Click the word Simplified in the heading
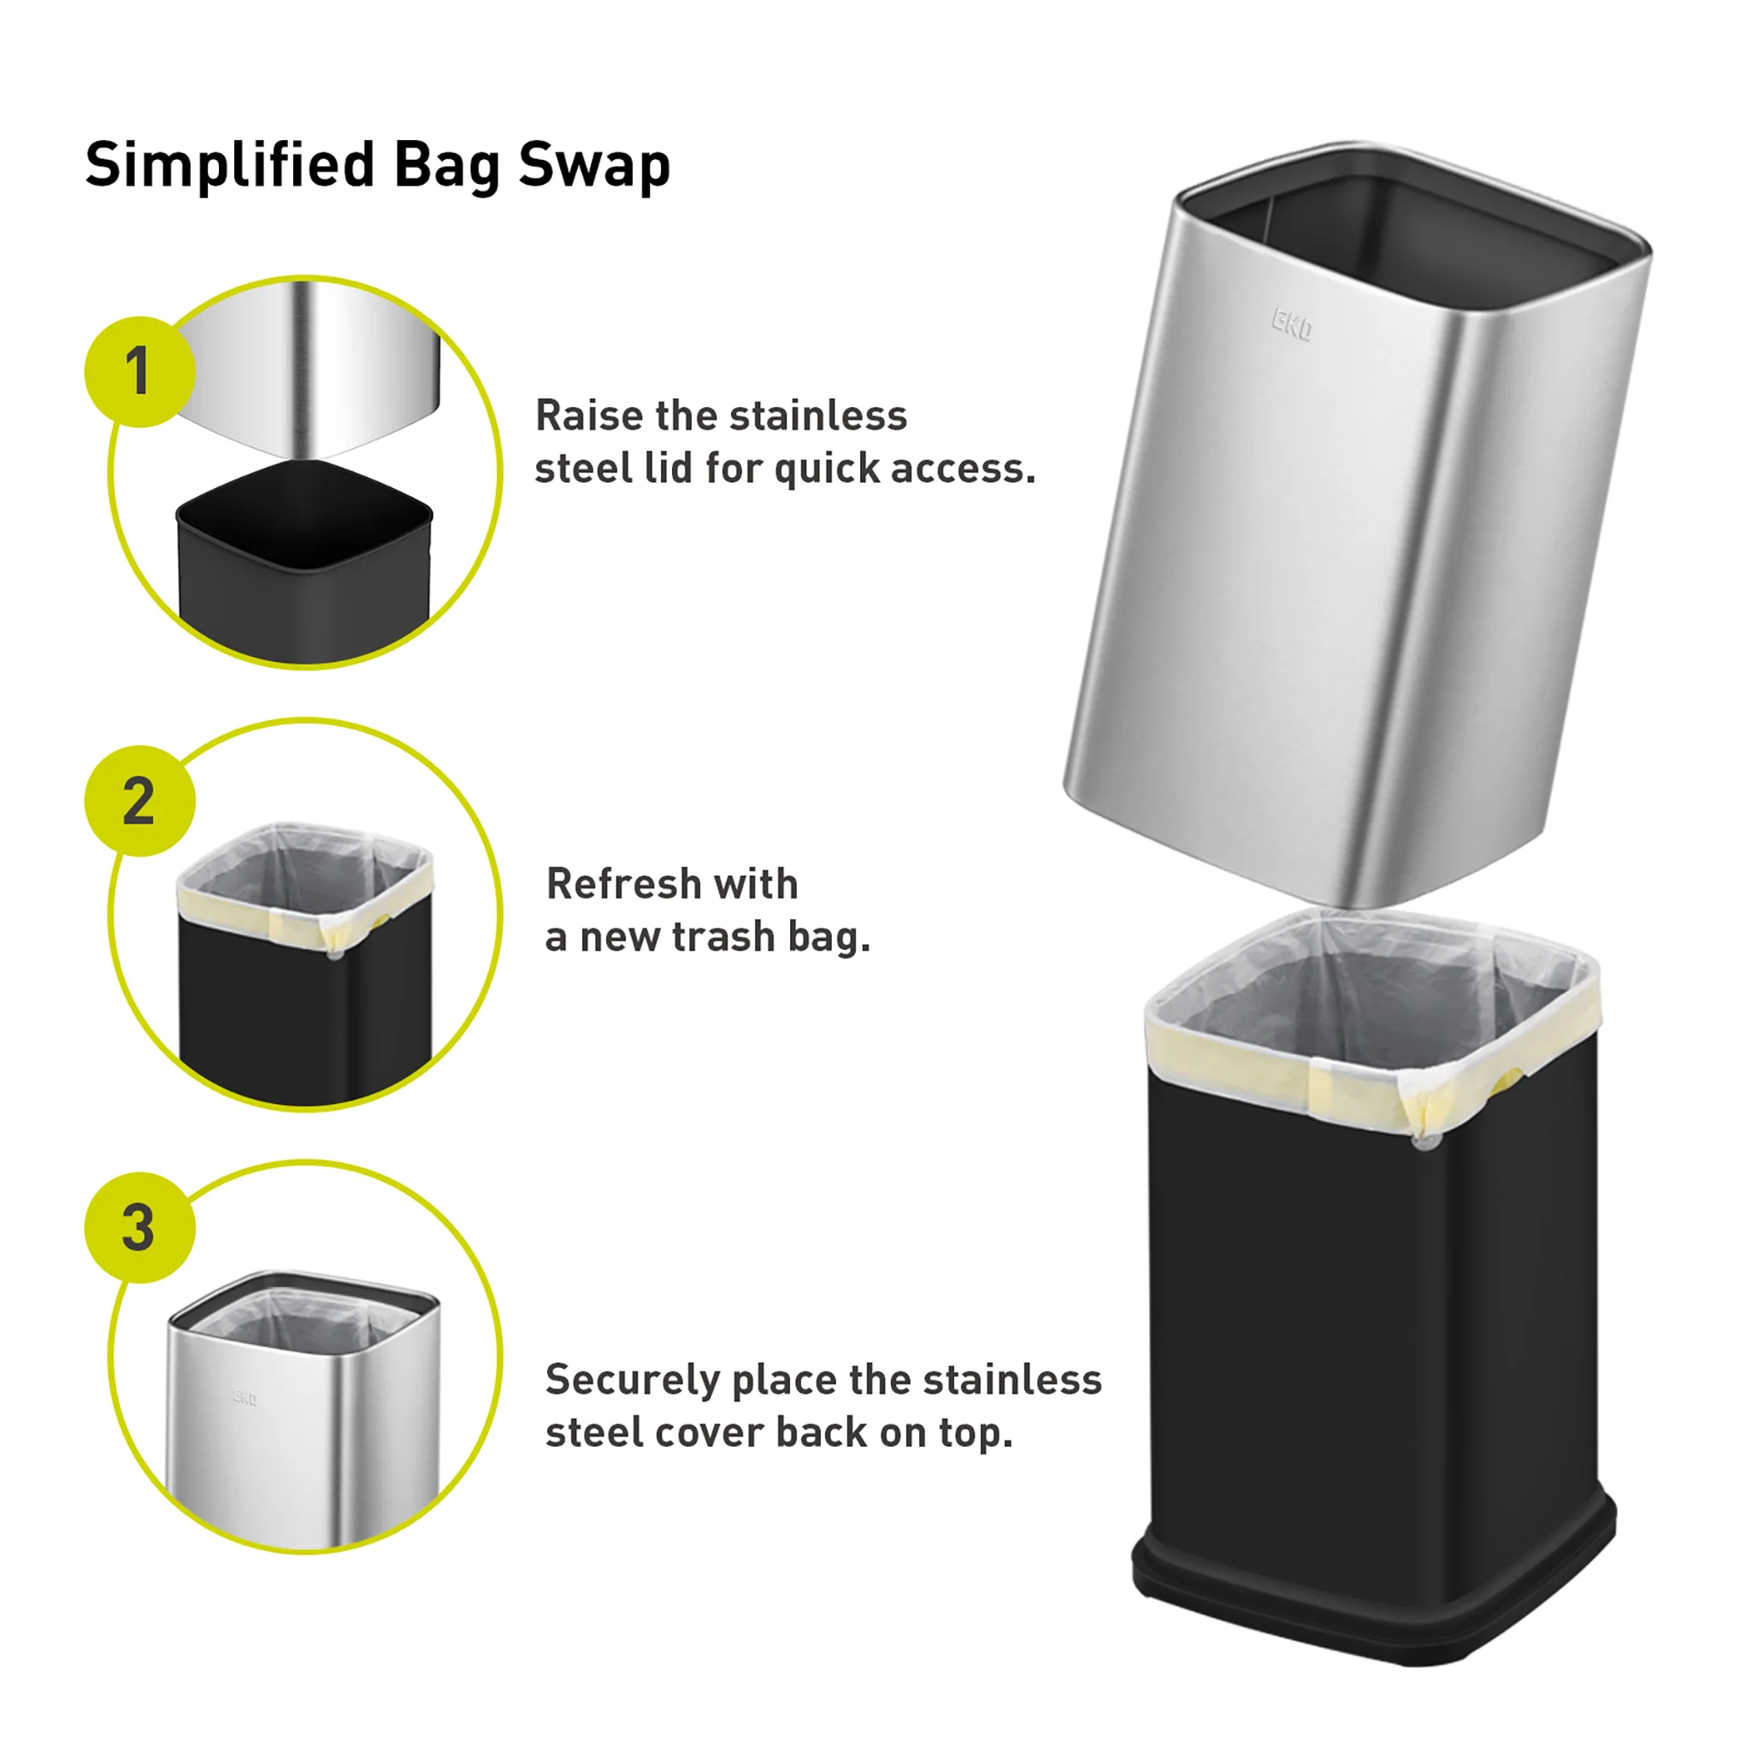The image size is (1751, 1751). (230, 166)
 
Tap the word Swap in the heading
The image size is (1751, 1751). (593, 166)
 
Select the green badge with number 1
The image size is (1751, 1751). (139, 372)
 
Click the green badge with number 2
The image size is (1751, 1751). (139, 801)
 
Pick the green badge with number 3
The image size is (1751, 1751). (139, 1228)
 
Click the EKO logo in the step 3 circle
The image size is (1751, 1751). (245, 1397)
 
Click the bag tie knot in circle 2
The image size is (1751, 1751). (334, 952)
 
